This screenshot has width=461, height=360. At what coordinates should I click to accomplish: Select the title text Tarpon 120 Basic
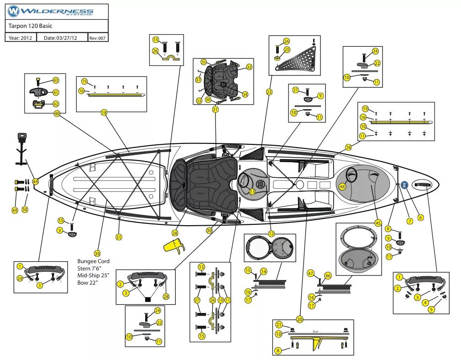point(30,26)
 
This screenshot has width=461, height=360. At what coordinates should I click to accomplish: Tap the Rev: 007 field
point(98,38)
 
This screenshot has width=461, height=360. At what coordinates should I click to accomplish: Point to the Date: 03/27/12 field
point(60,38)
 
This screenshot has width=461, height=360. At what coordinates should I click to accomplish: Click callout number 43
point(56,80)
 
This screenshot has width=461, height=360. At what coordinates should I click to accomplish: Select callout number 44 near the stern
point(35,181)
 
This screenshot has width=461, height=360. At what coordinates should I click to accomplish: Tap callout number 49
point(15,210)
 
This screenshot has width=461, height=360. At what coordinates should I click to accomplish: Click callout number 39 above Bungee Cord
point(97,254)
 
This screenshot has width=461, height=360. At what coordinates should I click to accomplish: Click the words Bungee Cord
point(94,261)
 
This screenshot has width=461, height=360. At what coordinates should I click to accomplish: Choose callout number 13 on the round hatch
point(252,192)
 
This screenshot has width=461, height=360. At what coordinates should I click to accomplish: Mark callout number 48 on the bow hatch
point(342,186)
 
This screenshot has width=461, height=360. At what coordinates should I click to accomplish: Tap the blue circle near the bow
point(404,185)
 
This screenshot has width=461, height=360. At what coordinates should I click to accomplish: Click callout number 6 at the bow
point(420,217)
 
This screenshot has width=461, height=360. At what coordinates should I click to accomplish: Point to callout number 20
point(299,319)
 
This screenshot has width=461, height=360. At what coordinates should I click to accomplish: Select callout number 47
point(310,273)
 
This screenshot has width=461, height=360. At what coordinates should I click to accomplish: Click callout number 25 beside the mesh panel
point(287,49)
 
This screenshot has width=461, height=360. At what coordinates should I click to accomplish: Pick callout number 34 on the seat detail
point(245,95)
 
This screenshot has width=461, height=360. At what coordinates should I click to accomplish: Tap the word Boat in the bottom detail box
point(315,332)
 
